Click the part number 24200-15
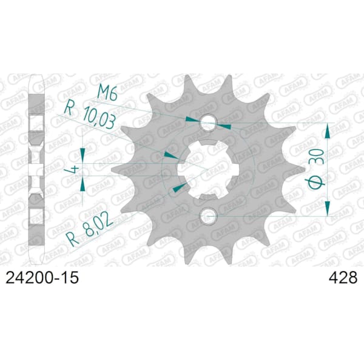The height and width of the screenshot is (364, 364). coord(42,278)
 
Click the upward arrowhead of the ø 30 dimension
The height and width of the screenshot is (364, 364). coord(328,129)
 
